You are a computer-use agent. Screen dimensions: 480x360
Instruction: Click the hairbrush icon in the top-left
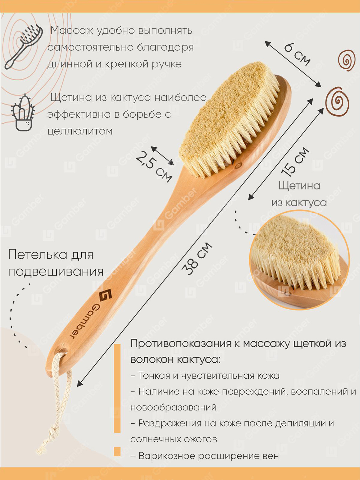[23, 46]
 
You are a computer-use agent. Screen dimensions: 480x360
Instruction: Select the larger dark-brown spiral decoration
[337, 102]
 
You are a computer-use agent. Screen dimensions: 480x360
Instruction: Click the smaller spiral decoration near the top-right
[346, 60]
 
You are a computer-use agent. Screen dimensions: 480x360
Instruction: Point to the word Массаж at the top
[72, 30]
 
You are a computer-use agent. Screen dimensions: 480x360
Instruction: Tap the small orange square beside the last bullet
[117, 451]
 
